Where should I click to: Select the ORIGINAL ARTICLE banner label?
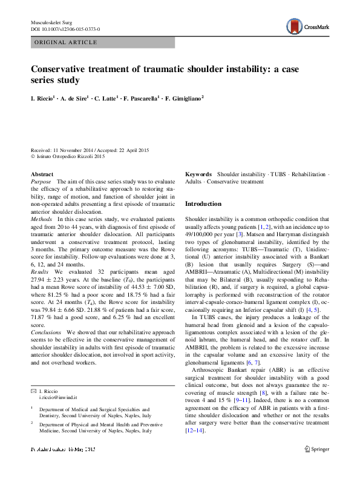[x=66, y=42]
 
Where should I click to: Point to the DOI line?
[x=65, y=29]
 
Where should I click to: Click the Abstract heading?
[x=42, y=174]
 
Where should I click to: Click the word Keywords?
[x=198, y=174]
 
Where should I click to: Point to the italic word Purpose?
[x=41, y=182]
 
